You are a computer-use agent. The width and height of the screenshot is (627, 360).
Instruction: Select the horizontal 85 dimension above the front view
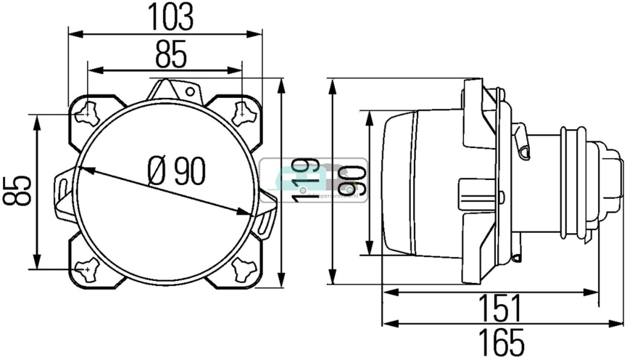(170, 56)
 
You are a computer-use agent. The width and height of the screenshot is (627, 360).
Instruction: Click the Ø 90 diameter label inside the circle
(176, 171)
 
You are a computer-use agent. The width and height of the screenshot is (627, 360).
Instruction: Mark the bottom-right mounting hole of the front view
(242, 268)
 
